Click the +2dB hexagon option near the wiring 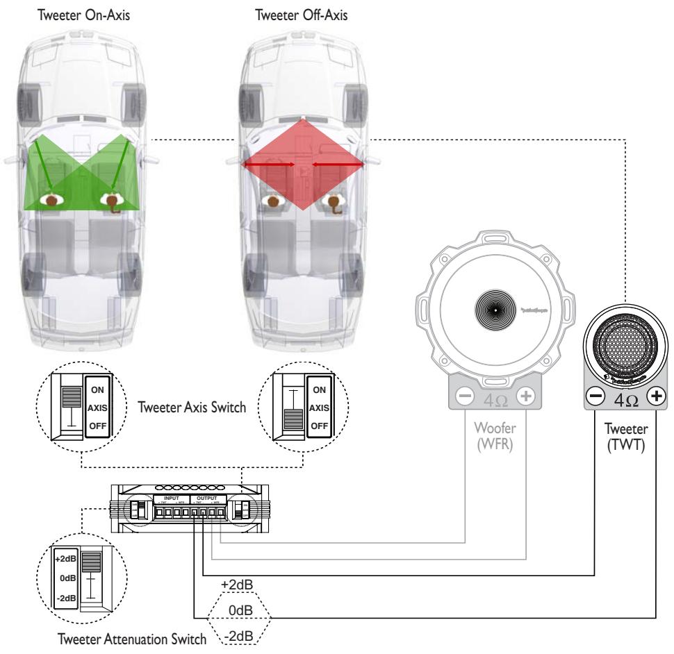coord(237,584)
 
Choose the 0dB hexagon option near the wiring coord(237,610)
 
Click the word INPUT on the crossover coord(170,498)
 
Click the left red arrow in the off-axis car coord(268,165)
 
